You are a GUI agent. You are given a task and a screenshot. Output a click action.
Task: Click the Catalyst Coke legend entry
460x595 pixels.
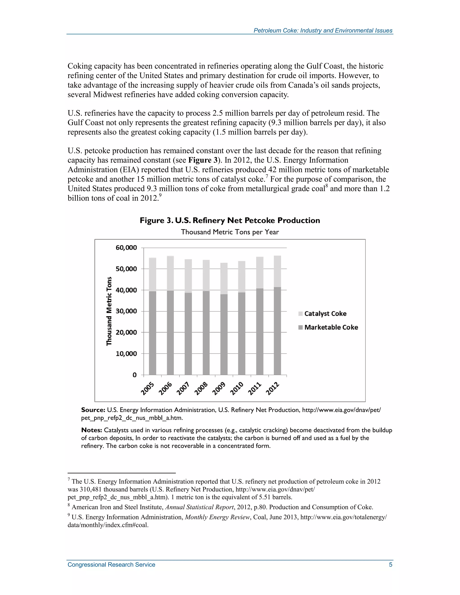(325, 314)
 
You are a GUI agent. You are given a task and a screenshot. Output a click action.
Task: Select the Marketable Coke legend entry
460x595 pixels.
(331, 327)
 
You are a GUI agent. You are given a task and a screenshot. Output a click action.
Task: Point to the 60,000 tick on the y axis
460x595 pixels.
(126, 248)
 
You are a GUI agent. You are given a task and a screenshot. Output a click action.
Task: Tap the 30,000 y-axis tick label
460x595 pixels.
(126, 311)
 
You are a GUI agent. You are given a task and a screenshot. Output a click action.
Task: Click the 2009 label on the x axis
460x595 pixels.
(219, 388)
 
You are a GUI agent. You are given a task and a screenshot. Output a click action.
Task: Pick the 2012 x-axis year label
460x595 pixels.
(272, 388)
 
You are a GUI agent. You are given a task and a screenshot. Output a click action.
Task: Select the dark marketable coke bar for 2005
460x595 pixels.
(153, 333)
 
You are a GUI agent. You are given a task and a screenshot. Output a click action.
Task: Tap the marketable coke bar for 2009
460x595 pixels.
(224, 335)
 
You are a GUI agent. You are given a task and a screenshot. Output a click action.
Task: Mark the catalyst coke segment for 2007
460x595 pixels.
(188, 276)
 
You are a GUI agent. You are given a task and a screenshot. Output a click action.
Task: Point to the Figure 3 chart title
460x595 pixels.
(230, 220)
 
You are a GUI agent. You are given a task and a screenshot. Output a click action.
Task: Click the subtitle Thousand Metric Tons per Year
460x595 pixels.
(230, 232)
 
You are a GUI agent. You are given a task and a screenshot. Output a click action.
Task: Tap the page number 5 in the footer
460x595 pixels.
(391, 564)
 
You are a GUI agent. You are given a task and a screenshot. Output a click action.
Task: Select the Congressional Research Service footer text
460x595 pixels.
(111, 564)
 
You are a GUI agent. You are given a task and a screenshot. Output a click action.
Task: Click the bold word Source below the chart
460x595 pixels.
(93, 410)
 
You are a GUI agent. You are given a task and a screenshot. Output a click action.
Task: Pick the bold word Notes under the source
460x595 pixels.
(92, 430)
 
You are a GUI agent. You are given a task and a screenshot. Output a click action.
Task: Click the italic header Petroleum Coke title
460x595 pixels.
(323, 31)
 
